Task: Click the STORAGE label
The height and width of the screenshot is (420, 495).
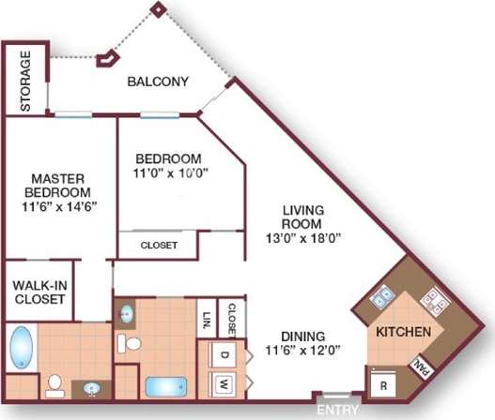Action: pos(25,81)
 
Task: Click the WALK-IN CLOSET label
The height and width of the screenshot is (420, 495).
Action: pos(39,292)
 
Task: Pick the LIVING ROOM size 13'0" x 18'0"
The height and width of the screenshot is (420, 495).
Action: pos(302,237)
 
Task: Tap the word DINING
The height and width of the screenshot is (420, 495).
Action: pos(302,337)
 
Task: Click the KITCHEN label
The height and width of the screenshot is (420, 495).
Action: pos(403,332)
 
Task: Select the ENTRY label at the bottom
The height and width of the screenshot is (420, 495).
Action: pos(334,411)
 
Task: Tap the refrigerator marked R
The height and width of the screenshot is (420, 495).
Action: pos(381,384)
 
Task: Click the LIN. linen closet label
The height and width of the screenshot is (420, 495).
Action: pos(206,319)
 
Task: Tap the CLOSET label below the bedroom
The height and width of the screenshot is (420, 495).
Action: pos(159,245)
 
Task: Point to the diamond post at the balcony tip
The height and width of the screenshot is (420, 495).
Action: pos(159,9)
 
